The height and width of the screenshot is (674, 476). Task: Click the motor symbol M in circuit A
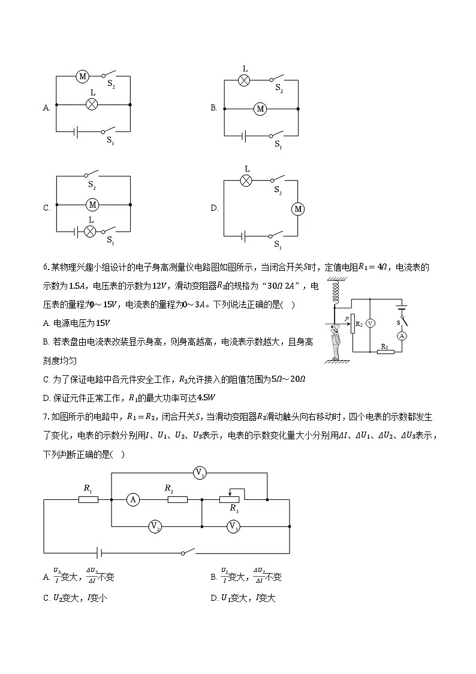[83, 76]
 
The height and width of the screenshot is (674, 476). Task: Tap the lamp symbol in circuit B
[245, 80]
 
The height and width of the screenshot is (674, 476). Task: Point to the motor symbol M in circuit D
[298, 209]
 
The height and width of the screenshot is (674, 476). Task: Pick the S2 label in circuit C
[92, 186]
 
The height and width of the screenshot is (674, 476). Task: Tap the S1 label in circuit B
[278, 144]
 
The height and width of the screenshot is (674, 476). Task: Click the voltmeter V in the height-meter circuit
[370, 323]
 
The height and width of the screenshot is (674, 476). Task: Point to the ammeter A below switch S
[403, 336]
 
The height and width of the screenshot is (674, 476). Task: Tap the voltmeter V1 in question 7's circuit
[200, 473]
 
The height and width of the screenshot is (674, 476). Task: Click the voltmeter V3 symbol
[233, 526]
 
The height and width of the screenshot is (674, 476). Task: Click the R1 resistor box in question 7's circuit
[88, 499]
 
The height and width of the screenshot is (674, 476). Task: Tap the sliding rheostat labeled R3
[230, 498]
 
